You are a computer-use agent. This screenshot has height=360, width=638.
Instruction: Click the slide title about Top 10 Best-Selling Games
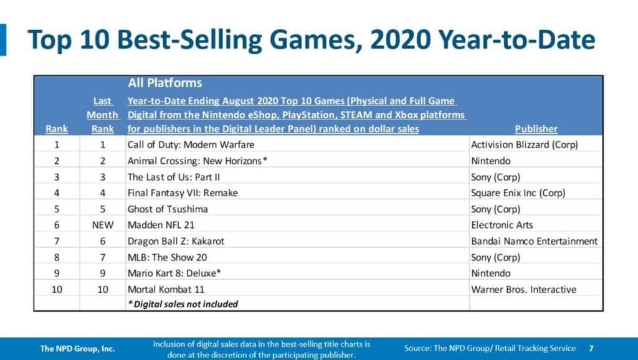312,40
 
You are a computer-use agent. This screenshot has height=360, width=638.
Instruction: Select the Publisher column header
536,129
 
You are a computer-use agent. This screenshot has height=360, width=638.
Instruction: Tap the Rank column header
57,129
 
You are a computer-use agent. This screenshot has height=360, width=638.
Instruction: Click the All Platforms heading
164,83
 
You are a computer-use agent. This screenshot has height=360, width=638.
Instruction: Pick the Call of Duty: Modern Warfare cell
191,144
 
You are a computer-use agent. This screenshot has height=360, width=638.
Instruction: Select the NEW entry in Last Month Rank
103,225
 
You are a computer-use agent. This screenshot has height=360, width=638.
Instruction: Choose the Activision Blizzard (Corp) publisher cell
525,144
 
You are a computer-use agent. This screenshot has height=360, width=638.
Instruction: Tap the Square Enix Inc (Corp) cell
518,193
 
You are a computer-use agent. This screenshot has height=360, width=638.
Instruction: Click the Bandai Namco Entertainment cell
534,241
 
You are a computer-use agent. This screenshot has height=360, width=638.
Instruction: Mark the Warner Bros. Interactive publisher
523,289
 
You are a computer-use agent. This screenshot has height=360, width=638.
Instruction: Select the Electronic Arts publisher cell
502,225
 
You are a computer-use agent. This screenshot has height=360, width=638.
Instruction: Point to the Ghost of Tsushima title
168,209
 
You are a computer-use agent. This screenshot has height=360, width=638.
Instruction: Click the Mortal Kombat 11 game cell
166,289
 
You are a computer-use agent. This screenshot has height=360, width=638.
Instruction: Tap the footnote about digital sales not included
183,305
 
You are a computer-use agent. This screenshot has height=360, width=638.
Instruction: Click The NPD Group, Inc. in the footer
77,348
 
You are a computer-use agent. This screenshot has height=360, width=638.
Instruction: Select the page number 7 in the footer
591,348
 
